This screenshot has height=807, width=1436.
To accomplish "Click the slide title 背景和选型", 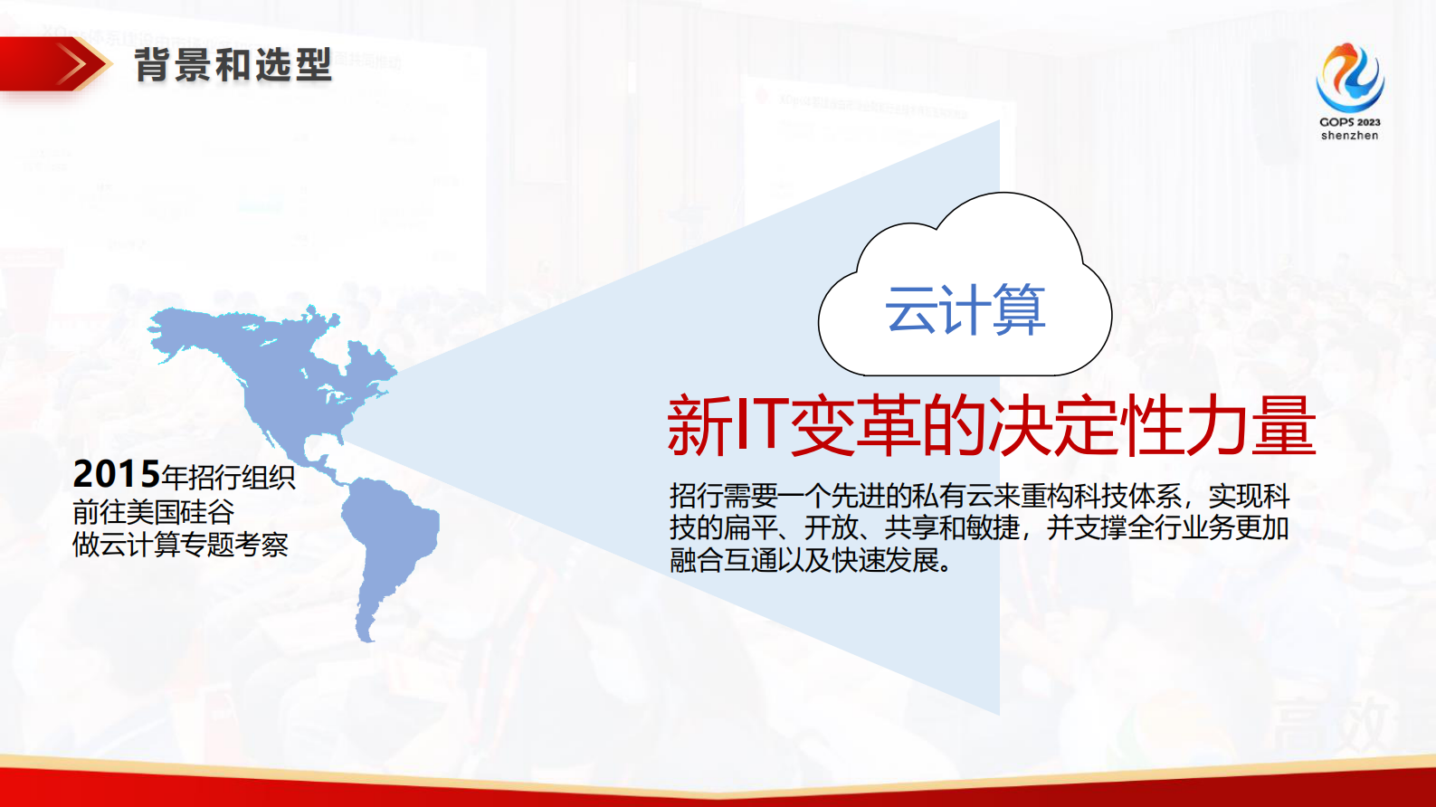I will (x=233, y=65).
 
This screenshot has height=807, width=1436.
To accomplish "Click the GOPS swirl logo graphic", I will (x=1349, y=78).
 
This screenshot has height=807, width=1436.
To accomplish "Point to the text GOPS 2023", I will (x=1349, y=122).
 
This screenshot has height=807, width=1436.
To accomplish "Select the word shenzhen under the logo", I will (x=1349, y=136).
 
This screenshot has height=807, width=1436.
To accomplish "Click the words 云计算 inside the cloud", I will (x=965, y=310).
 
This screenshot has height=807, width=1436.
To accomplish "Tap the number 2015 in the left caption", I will (x=116, y=474).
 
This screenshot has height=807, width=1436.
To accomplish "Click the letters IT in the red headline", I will (x=758, y=423).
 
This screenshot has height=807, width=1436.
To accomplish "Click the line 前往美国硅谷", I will (x=153, y=512).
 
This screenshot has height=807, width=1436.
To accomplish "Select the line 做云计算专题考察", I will (x=180, y=545).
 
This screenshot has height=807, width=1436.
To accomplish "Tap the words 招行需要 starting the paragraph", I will (x=723, y=496).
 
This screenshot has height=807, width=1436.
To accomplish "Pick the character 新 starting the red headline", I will (x=699, y=425).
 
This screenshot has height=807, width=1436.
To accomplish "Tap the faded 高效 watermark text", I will (x=1330, y=724).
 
